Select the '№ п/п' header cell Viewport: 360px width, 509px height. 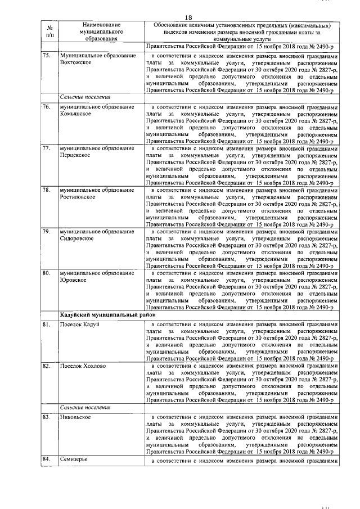49,32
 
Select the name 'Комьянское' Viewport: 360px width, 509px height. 78,113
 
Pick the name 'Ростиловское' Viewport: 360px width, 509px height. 78,197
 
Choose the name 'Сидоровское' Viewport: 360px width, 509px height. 77,239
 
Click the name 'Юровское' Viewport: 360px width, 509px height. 73,280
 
